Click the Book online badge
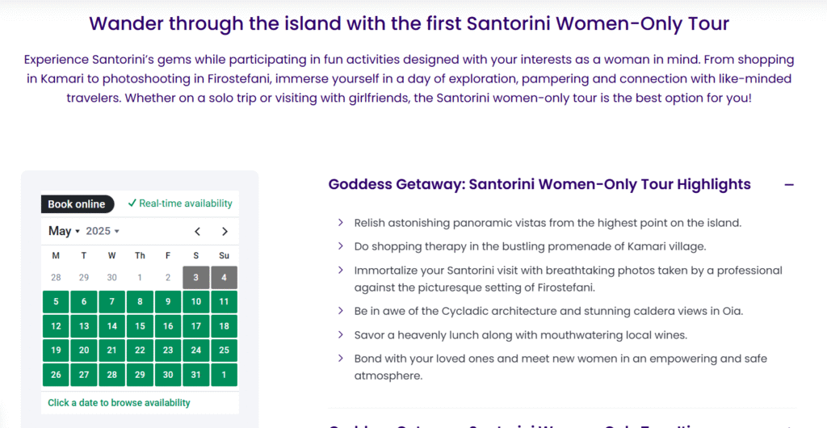coord(78,204)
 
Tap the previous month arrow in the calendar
coord(197,232)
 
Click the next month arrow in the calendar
coord(225,232)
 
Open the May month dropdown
coord(64,232)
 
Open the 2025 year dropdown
coord(103,232)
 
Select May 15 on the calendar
coord(140,326)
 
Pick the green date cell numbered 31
coord(196,375)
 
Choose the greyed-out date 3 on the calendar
coord(196,278)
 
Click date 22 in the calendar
coord(140,350)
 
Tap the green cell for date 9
coord(168,302)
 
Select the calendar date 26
coord(56,375)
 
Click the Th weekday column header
coord(140,256)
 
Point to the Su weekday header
coord(225,256)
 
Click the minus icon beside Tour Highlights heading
coord(789,185)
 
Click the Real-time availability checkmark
coord(132,203)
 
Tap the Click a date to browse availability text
coord(120,403)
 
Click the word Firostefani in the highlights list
coord(562,287)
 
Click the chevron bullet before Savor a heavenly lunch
coord(341,334)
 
